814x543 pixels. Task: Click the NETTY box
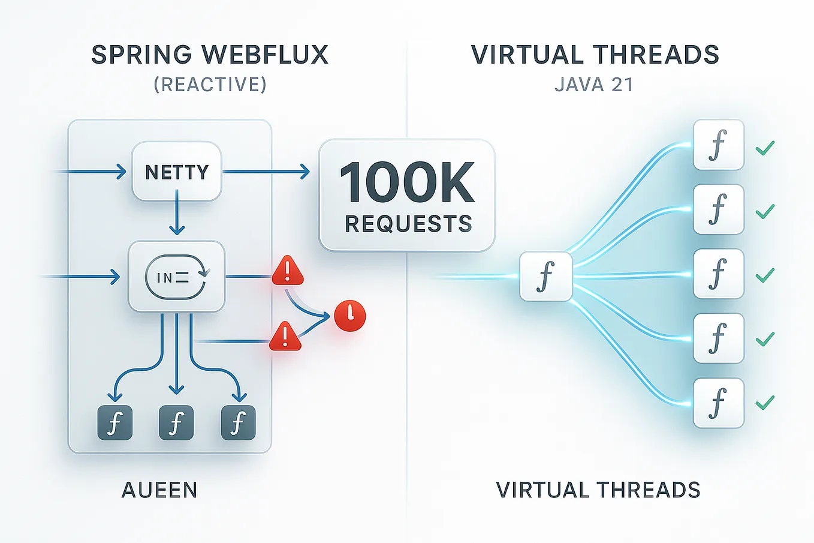click(x=177, y=172)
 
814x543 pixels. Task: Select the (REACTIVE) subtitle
click(x=210, y=85)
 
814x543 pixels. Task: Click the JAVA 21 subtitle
click(x=594, y=85)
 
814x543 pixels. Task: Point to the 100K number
click(x=408, y=183)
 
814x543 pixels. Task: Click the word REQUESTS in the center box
click(x=409, y=224)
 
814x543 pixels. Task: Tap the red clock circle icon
click(x=350, y=316)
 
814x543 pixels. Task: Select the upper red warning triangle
click(x=288, y=271)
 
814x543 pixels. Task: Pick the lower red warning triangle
click(x=285, y=337)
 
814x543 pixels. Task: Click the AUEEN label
click(x=159, y=490)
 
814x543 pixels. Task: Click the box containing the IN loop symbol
click(x=177, y=277)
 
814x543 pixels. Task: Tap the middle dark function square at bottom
click(x=176, y=423)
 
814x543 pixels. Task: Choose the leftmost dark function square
click(x=114, y=423)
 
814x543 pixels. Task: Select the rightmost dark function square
click(x=239, y=423)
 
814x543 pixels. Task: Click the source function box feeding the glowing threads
click(x=545, y=277)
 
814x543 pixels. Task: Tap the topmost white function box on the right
click(x=718, y=145)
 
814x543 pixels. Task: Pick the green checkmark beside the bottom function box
click(x=765, y=402)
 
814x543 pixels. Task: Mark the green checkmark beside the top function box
click(x=765, y=147)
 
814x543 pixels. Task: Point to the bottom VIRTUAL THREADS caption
click(x=598, y=490)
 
